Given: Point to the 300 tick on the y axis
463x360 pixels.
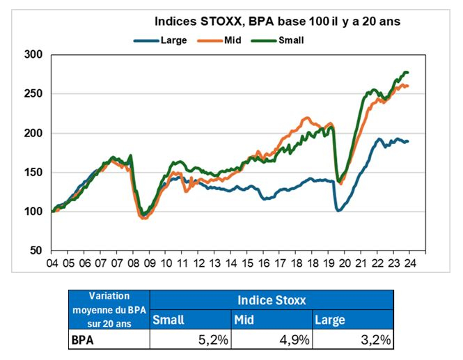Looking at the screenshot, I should [x=33, y=54].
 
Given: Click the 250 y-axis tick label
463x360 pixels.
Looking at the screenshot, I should [x=33, y=94].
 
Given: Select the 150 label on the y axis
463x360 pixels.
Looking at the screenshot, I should [x=33, y=173].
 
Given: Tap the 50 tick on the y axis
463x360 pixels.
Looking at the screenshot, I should [x=36, y=251].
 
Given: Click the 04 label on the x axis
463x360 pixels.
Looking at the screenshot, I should [x=52, y=264].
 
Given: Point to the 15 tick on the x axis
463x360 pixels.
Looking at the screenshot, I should [x=231, y=264].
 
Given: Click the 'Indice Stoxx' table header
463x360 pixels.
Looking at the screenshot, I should [x=271, y=302].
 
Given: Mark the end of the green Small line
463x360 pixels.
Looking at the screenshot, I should [x=407, y=72].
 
